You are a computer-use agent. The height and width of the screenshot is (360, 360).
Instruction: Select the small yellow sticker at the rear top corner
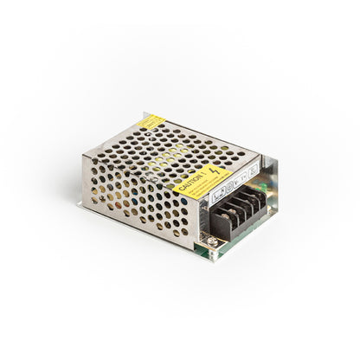coord(153,122)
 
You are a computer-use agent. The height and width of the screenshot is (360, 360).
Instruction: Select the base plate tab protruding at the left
coord(82,205)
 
